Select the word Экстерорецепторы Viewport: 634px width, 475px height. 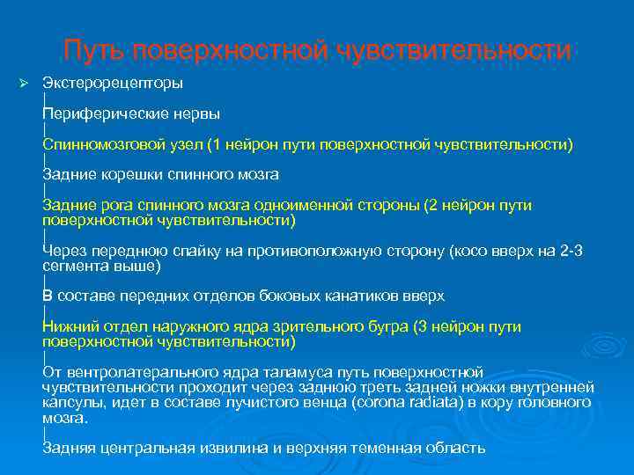pyautogui.click(x=113, y=84)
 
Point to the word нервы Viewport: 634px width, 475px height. pyautogui.click(x=194, y=114)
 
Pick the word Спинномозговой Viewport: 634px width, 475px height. pyautogui.click(x=104, y=144)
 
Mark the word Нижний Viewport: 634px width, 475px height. pyautogui.click(x=69, y=327)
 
